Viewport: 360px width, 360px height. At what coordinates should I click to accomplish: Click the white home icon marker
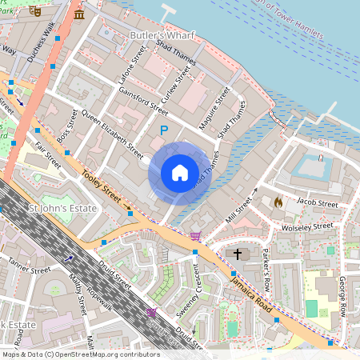pos(180,173)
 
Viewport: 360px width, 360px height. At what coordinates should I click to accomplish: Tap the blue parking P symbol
pos(164,130)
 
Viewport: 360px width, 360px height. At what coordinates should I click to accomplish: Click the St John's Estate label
pos(62,208)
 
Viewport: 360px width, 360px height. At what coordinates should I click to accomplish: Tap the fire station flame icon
pos(278,202)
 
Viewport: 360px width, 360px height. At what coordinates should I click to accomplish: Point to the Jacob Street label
pos(317,204)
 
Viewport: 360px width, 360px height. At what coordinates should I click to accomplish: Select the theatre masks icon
pos(33,12)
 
